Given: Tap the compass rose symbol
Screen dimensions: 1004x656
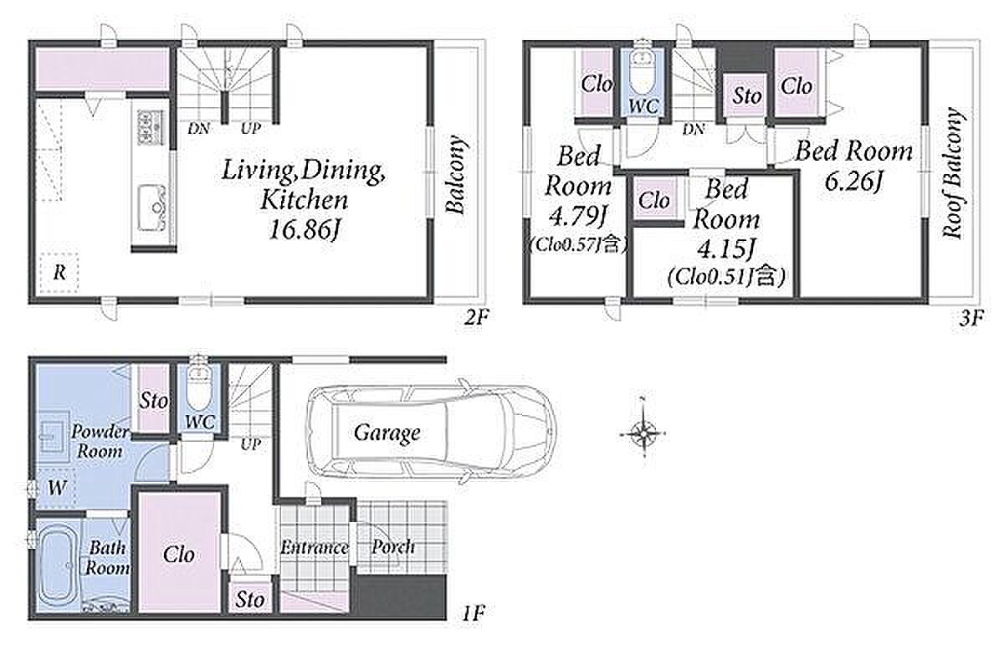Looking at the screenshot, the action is [x=643, y=433].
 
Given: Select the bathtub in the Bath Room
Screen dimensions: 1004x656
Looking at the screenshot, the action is [x=58, y=566].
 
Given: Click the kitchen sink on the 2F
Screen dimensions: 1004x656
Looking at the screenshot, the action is [x=152, y=208].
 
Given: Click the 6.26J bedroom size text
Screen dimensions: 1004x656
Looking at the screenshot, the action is [x=854, y=182].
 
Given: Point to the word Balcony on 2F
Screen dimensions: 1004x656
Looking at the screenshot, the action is [x=455, y=174].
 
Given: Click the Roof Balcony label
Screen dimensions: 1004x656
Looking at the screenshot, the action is [x=953, y=173].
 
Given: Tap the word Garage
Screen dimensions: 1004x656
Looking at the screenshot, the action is [x=387, y=433].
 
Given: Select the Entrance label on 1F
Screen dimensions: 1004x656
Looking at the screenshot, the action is [x=315, y=547].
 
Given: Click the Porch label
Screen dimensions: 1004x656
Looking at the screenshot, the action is [x=393, y=547].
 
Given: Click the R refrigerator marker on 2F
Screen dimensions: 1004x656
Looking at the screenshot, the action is [x=59, y=272].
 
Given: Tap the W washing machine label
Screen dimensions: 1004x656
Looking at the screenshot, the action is [x=57, y=488].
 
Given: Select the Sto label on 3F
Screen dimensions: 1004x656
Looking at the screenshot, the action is [x=746, y=96].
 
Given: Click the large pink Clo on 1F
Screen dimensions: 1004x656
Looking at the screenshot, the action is [x=179, y=555].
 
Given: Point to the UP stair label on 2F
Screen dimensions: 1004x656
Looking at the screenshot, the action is [x=250, y=129].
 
